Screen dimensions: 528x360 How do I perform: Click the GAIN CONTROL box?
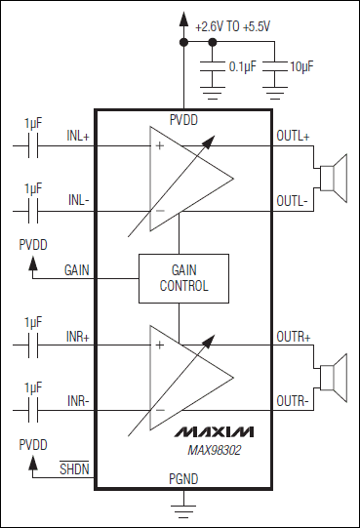183,278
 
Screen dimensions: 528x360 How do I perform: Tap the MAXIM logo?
215,430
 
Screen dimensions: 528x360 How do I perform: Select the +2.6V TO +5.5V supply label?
233,27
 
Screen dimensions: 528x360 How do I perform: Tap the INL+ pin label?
77,138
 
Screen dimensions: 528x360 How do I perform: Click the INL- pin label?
77,200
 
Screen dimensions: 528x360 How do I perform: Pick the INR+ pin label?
77,337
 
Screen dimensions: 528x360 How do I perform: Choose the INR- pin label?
77,400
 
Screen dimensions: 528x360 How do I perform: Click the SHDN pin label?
73,469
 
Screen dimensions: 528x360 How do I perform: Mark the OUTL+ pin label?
292,138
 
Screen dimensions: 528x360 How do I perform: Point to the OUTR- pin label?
292,400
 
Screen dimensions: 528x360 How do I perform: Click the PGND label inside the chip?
182,480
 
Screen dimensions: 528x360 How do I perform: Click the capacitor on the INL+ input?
36,147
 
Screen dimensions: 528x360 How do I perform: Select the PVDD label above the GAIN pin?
34,246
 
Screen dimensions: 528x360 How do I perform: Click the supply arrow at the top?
182,18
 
